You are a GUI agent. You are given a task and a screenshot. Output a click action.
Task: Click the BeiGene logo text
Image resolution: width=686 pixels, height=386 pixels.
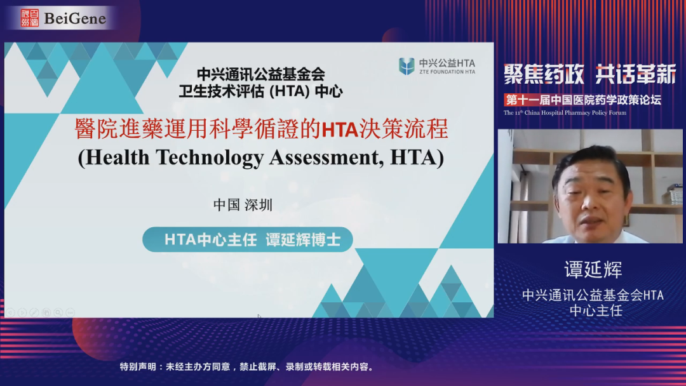pyautogui.click(x=75, y=18)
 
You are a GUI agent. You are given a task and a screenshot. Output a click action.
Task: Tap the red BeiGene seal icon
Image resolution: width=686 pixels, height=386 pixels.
pyautogui.click(x=30, y=18)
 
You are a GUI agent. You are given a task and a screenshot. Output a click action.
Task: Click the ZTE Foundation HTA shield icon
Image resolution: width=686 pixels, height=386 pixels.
pyautogui.click(x=407, y=66)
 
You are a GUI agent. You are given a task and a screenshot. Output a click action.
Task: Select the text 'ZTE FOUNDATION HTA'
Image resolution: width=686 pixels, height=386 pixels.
pyautogui.click(x=447, y=72)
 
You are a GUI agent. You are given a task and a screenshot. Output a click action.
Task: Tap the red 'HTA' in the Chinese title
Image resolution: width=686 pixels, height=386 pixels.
pyautogui.click(x=340, y=130)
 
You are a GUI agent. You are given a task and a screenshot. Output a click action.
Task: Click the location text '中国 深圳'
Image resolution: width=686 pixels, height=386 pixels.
pyautogui.click(x=243, y=204)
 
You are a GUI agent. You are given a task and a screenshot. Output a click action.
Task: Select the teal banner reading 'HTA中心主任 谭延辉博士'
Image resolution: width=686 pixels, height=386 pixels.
pyautogui.click(x=248, y=239)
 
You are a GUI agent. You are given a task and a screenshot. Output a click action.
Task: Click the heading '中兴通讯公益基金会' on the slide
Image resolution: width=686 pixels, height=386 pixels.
pyautogui.click(x=261, y=74)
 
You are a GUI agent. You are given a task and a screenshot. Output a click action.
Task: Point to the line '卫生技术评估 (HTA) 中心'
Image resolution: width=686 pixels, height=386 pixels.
pyautogui.click(x=261, y=91)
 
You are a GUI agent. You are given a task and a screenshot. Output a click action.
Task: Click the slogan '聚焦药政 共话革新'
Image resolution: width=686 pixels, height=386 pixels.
pyautogui.click(x=589, y=74)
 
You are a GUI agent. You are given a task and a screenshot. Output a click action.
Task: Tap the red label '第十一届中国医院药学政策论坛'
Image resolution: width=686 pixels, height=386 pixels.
pyautogui.click(x=582, y=100)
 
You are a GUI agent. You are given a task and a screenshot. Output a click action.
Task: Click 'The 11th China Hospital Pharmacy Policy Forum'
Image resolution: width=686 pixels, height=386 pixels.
pyautogui.click(x=565, y=113)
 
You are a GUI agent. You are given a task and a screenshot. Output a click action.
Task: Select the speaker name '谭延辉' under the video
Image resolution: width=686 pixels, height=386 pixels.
pyautogui.click(x=593, y=269)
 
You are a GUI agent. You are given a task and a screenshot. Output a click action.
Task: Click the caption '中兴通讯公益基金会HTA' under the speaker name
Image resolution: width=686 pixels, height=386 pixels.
pyautogui.click(x=593, y=295)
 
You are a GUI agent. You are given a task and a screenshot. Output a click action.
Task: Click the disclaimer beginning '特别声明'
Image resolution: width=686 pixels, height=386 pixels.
pyautogui.click(x=248, y=367)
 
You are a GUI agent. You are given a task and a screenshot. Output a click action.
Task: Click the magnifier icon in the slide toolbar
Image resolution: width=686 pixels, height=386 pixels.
pyautogui.click(x=58, y=312)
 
